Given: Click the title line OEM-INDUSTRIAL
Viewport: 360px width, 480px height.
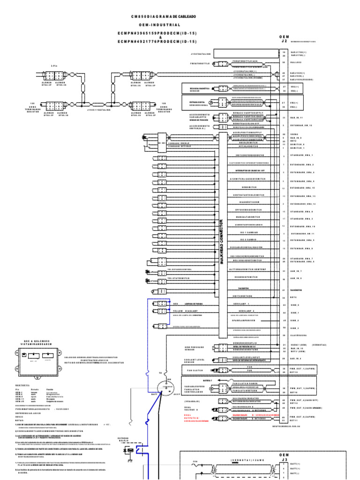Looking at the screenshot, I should click(163, 24).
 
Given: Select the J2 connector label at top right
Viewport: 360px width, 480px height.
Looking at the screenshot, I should click(284, 41).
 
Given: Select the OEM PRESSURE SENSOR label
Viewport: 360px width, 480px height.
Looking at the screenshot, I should click(192, 348).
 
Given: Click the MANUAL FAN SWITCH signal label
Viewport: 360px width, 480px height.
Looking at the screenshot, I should click(248, 217).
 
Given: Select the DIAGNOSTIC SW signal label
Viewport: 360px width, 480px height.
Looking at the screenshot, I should click(248, 202).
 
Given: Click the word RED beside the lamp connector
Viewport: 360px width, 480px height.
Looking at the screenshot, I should click(176, 303).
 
